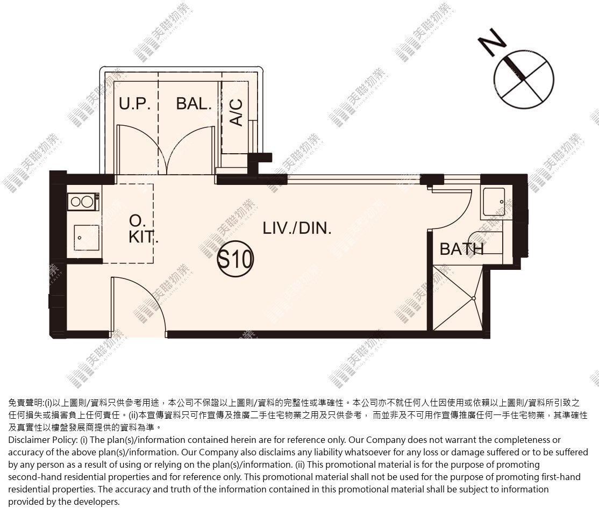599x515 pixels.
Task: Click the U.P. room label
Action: point(134,104)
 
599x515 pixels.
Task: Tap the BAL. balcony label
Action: point(194,104)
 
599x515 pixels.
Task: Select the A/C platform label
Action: point(237,112)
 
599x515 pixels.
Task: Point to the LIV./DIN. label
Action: point(297,228)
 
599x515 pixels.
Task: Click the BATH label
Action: point(461,249)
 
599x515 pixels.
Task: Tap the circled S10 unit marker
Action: point(235,259)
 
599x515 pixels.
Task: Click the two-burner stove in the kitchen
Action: point(84,202)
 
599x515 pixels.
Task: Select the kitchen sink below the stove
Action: point(87,238)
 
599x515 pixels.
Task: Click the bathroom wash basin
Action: point(494,202)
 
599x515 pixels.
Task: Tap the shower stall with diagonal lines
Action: point(457,298)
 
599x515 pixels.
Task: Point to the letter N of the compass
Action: point(493,42)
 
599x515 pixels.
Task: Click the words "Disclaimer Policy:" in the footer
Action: point(42,440)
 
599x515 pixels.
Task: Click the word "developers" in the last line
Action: point(98,502)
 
